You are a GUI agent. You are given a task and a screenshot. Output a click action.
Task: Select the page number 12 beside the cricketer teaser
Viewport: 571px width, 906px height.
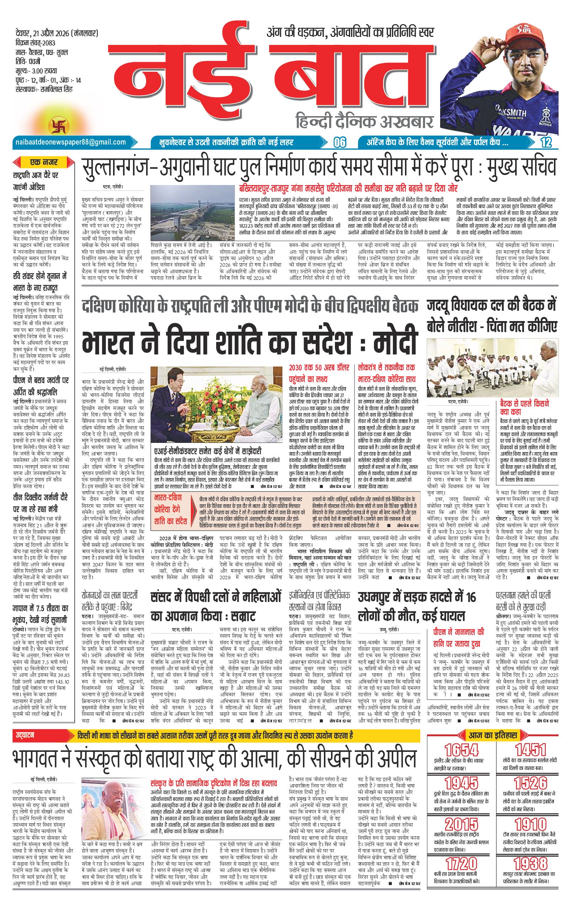(x=546, y=143)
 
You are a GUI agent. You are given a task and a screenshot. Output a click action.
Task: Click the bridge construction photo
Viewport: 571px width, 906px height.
(x=192, y=213)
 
